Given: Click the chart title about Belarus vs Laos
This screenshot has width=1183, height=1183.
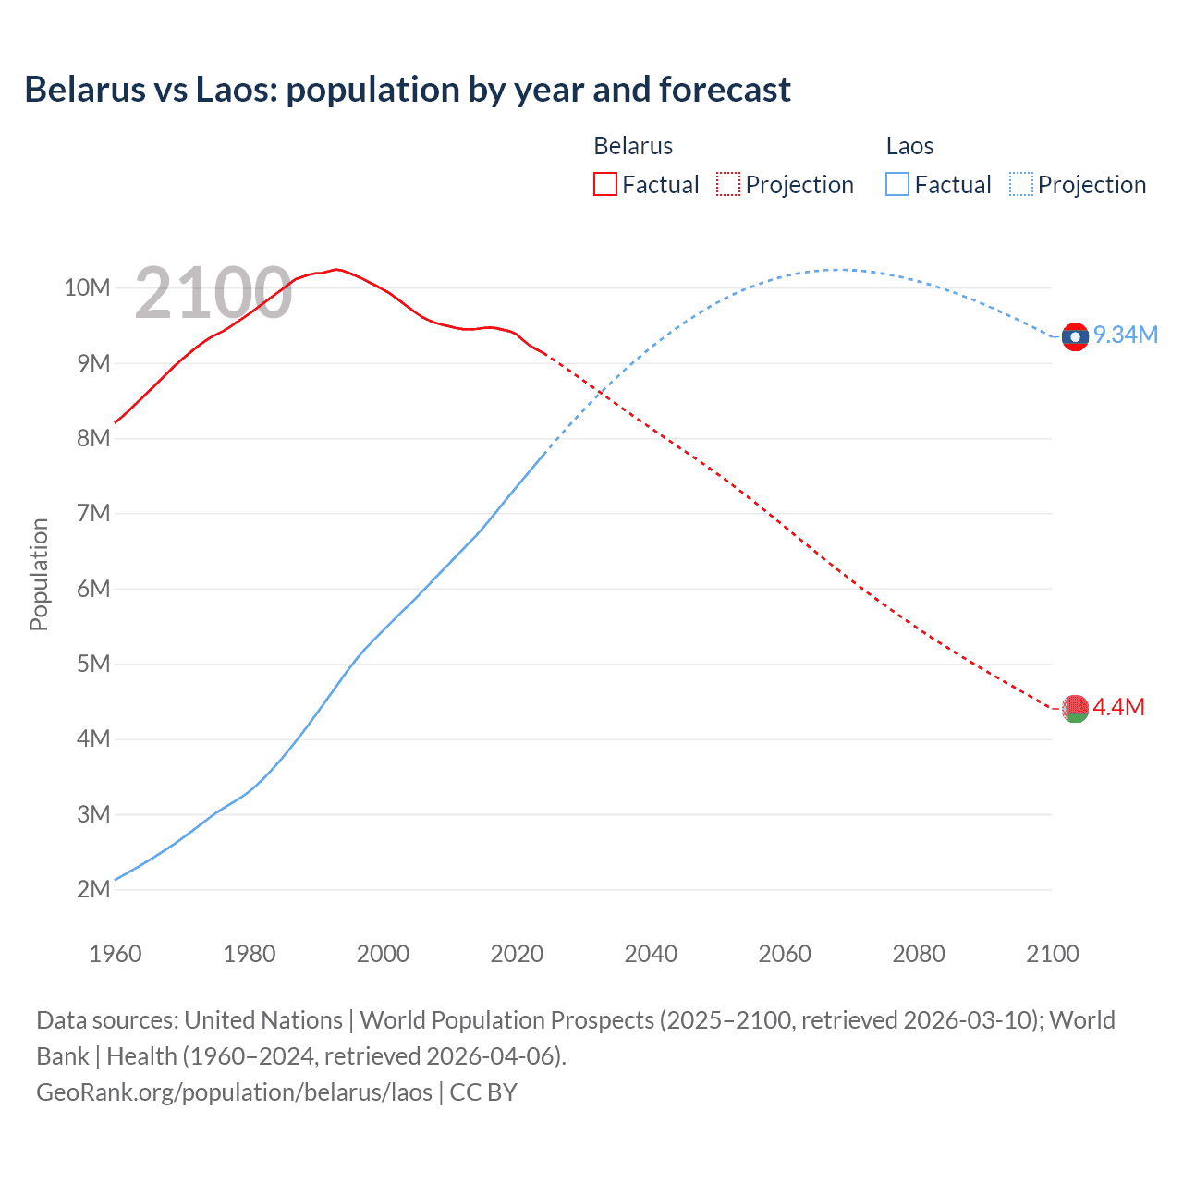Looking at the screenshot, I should [x=407, y=90].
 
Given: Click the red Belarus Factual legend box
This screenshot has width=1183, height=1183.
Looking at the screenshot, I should [x=604, y=185].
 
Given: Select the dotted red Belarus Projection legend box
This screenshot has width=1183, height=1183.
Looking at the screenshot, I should [x=728, y=185].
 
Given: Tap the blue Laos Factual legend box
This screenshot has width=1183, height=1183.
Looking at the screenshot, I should [x=897, y=185].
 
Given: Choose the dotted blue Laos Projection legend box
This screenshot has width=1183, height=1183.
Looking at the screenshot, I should [x=1020, y=185].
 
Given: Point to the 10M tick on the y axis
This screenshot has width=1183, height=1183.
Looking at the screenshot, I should [x=88, y=287].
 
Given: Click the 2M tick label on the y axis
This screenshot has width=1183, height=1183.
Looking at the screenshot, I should [x=93, y=889].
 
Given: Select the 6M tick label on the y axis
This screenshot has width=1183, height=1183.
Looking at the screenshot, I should [x=93, y=589].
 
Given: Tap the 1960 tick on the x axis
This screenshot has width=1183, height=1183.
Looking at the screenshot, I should [x=116, y=954].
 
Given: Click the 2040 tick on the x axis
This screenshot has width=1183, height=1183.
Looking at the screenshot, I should [x=651, y=954].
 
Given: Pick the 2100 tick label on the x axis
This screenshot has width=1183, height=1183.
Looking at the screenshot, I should [x=1052, y=954].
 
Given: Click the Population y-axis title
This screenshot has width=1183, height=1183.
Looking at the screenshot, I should [x=39, y=574].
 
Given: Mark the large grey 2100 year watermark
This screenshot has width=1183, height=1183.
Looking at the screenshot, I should [x=213, y=293].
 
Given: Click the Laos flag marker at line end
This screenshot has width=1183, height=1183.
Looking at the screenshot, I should [x=1075, y=337].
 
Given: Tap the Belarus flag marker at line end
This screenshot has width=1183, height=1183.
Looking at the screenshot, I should [x=1075, y=709].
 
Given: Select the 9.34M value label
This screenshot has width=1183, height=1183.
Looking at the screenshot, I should [x=1126, y=335].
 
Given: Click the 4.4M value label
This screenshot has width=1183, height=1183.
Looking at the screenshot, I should [x=1119, y=707].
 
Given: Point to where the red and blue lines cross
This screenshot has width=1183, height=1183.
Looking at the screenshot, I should [x=602, y=394].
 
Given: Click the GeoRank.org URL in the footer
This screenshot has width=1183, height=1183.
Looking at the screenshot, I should [x=234, y=1092].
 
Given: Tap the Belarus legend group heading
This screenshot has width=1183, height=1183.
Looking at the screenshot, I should [x=633, y=146].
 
